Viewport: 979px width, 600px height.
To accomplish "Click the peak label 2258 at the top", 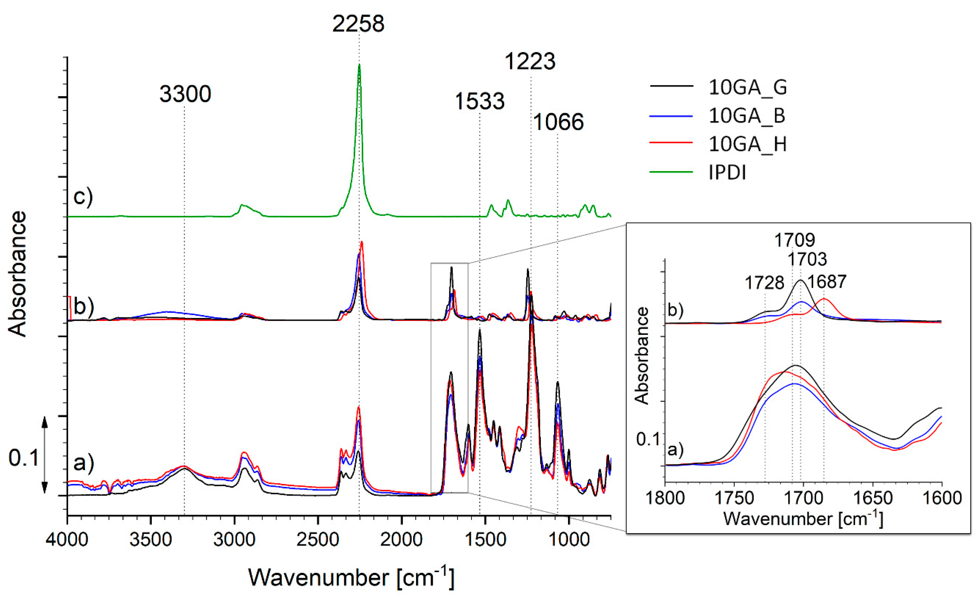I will (x=358, y=24).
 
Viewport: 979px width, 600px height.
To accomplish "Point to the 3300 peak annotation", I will (x=185, y=94).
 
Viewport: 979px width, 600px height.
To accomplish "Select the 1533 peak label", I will (x=480, y=101).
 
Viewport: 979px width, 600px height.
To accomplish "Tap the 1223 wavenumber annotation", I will (x=530, y=62).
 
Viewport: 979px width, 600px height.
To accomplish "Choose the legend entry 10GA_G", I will (x=747, y=87).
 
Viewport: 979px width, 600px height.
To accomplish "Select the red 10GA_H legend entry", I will (x=747, y=144).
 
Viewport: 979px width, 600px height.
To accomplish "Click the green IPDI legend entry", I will (x=727, y=172).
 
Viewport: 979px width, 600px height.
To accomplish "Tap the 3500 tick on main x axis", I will (x=151, y=540).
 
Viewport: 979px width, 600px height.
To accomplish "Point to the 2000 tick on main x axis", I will (x=401, y=540).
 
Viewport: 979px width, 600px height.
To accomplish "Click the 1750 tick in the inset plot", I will (x=734, y=498).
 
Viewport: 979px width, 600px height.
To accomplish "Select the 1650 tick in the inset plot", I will (x=872, y=498).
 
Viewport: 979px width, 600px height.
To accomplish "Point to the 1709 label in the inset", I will (x=795, y=240).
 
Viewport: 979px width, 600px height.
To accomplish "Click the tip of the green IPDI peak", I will (x=359, y=65).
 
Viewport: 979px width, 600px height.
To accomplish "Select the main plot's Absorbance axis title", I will (x=18, y=274).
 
